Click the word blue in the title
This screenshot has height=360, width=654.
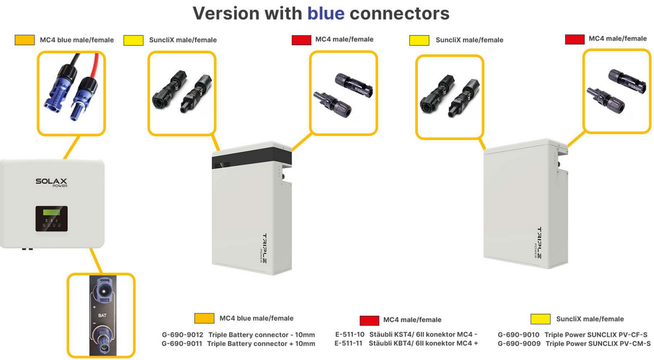(325, 13)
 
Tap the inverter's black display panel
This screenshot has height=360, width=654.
(52, 218)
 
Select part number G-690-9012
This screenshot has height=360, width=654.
(182, 335)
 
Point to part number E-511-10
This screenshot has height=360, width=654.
(349, 335)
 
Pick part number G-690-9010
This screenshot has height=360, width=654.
(518, 335)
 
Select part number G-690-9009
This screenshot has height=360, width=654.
(518, 343)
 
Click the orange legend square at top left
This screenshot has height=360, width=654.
(25, 40)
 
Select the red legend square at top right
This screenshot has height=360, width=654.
(575, 39)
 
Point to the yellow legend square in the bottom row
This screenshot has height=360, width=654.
(540, 319)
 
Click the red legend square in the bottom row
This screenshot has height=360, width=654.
(369, 320)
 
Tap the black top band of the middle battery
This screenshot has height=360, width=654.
(252, 157)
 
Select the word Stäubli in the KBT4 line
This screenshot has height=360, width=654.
(381, 343)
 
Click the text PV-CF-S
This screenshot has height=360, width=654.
(634, 335)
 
